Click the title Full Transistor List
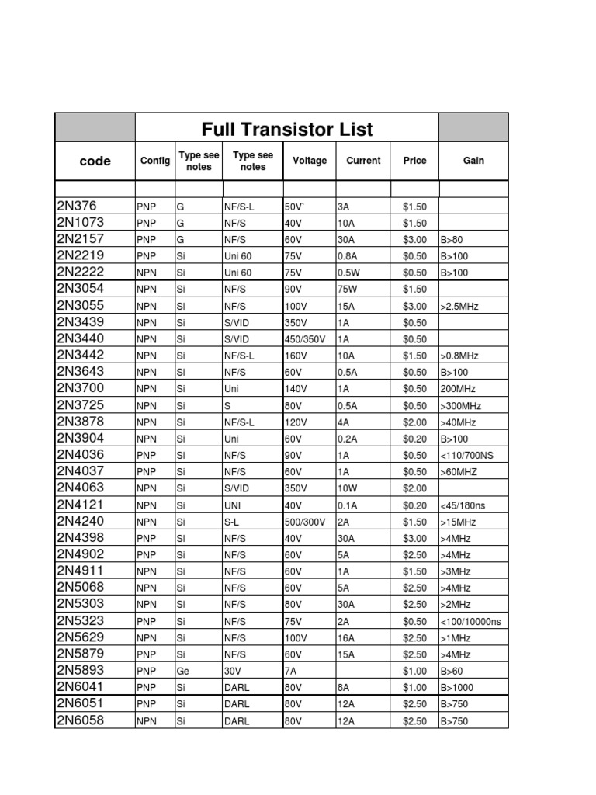point(287,129)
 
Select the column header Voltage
point(310,161)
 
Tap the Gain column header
point(473,161)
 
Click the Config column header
point(155,161)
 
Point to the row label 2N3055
point(81,306)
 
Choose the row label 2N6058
point(81,720)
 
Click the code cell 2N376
point(76,207)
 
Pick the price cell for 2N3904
point(415,439)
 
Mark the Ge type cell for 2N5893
point(183,671)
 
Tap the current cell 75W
point(347,290)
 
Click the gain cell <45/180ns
point(463,505)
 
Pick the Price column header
point(415,161)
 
